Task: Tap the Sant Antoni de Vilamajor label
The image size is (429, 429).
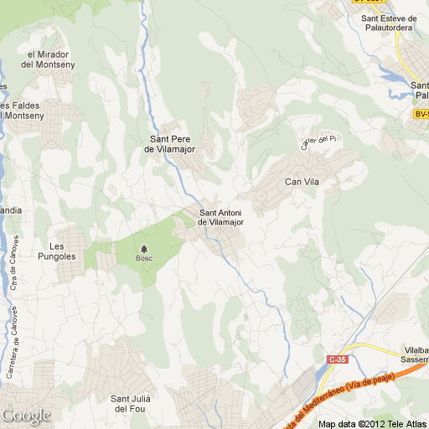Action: (x=225, y=217)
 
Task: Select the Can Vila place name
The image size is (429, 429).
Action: (x=303, y=181)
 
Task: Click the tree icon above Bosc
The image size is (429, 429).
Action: (x=145, y=249)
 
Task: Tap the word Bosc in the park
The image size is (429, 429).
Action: (x=145, y=259)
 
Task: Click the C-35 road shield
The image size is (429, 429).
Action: (x=337, y=359)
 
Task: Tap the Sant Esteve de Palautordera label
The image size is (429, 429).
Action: (x=388, y=22)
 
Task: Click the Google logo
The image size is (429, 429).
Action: (x=26, y=416)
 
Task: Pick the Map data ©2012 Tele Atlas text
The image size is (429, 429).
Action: (x=373, y=423)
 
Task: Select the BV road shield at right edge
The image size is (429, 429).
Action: (x=421, y=113)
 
